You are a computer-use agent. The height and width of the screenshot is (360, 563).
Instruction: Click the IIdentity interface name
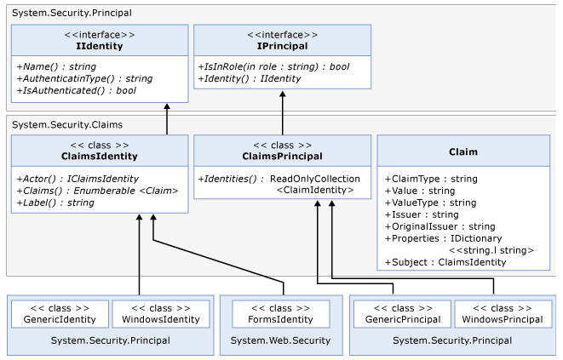(x=100, y=46)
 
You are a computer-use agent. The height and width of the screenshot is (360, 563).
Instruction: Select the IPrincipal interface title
(x=282, y=46)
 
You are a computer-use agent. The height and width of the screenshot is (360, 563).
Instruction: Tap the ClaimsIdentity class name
(x=100, y=157)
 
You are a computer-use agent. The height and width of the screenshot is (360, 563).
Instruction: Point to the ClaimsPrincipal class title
(x=282, y=157)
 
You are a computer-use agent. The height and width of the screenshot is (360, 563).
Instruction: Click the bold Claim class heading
(x=463, y=151)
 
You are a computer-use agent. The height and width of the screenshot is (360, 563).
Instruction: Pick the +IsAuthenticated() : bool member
(x=77, y=90)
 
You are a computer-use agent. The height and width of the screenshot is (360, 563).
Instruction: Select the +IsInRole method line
(x=273, y=66)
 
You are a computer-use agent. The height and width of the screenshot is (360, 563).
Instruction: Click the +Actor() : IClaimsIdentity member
(x=78, y=179)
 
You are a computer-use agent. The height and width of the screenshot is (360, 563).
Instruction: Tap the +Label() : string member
(x=55, y=203)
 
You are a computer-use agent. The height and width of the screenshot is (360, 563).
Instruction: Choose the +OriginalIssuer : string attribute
(x=439, y=226)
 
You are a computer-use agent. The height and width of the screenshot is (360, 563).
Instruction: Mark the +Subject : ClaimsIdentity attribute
(x=445, y=262)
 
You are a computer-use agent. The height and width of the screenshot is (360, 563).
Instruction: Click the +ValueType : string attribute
(x=430, y=203)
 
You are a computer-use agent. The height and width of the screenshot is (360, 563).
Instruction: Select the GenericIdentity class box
(x=60, y=314)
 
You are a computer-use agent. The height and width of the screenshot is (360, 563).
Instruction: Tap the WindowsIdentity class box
(x=161, y=314)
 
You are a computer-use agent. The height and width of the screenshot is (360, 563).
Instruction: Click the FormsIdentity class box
(x=281, y=314)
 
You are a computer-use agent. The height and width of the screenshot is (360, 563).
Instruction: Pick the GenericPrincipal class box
(x=403, y=314)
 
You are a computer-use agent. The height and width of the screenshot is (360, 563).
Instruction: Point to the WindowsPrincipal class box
(x=503, y=314)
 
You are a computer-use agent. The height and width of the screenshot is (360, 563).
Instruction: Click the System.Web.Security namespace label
(x=280, y=340)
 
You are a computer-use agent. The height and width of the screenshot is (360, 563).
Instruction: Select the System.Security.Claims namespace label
(x=67, y=125)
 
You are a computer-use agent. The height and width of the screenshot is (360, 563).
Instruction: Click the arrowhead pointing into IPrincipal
(x=283, y=94)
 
